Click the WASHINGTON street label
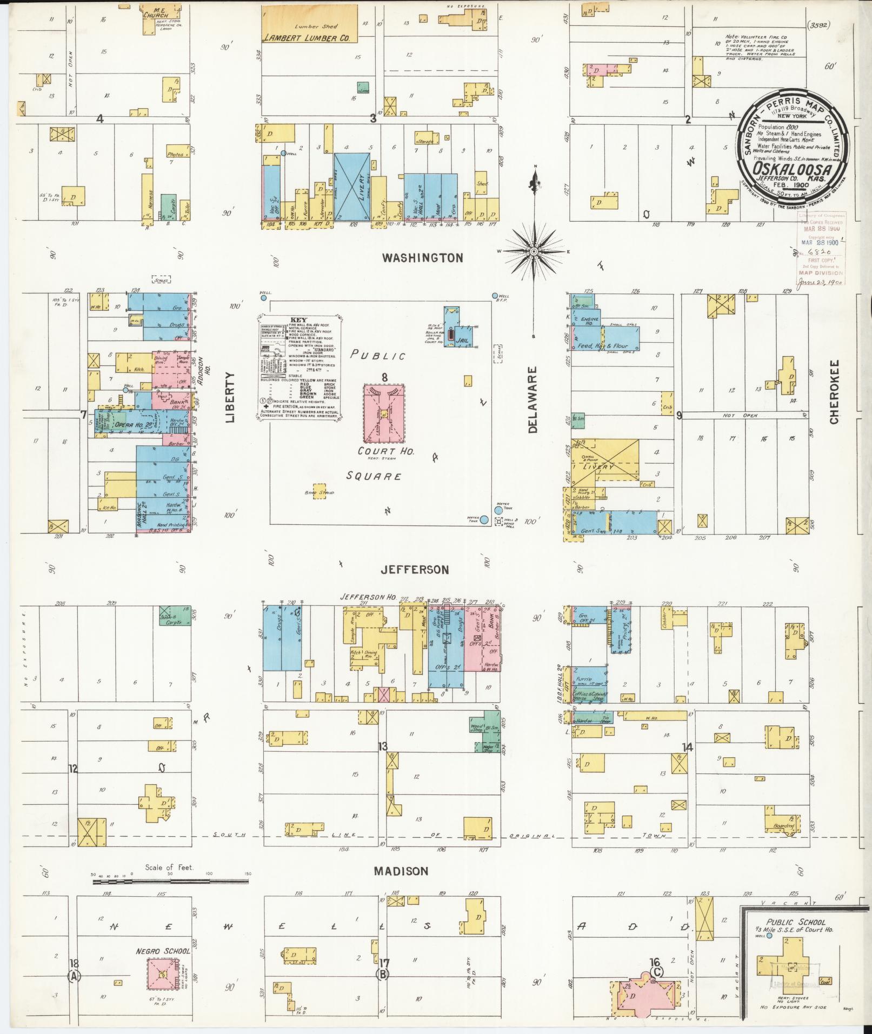(422, 258)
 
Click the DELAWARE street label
(534, 400)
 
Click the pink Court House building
(384, 415)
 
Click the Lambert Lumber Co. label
(307, 38)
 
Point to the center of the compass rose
(534, 252)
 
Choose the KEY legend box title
(298, 320)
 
